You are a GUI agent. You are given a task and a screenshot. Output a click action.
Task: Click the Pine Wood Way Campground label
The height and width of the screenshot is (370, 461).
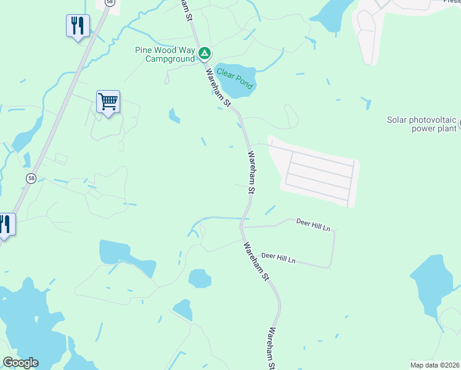click(165, 54)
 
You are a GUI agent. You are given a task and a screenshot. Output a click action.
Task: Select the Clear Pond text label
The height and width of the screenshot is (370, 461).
click(234, 78)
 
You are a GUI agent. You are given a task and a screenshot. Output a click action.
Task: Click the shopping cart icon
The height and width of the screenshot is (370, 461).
click(108, 101)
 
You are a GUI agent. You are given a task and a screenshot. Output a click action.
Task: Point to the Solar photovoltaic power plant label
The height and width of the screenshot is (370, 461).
click(422, 125)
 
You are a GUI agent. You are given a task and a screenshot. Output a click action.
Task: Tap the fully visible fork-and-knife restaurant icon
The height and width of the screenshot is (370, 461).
click(78, 25)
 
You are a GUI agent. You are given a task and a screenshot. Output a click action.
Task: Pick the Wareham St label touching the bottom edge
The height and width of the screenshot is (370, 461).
click(270, 349)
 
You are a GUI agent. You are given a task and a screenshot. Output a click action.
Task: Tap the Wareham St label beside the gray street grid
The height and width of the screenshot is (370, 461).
click(251, 172)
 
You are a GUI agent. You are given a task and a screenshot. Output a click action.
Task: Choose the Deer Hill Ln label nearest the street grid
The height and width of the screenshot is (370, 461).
click(313, 224)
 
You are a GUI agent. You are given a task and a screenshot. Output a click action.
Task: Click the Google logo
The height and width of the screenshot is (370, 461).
click(20, 363)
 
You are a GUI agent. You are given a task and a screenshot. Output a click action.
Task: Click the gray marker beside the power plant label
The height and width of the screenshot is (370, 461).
click(459, 125)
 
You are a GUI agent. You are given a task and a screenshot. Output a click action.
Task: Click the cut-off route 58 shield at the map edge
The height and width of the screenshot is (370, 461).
click(110, 2)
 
